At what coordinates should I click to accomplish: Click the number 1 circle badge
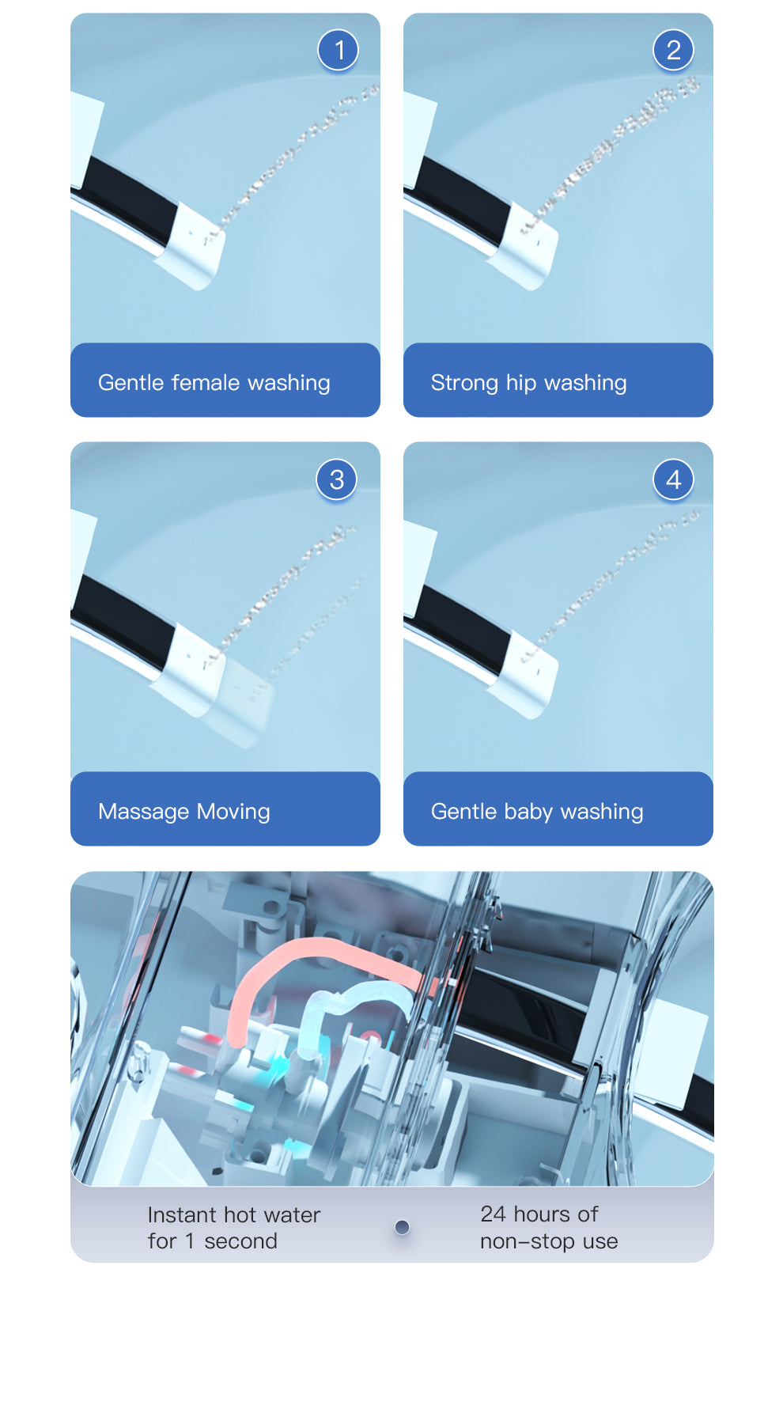pyautogui.click(x=339, y=50)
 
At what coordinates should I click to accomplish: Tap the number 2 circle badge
pyautogui.click(x=673, y=50)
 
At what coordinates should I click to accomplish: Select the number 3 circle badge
pyautogui.click(x=337, y=479)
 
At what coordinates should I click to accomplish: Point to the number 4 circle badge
pyautogui.click(x=673, y=479)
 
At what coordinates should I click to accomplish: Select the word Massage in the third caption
pyautogui.click(x=144, y=812)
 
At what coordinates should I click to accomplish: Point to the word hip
pyautogui.click(x=521, y=383)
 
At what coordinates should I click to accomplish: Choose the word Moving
pyautogui.click(x=233, y=812)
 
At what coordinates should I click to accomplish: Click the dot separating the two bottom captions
pyautogui.click(x=402, y=1227)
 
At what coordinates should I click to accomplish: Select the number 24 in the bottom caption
pyautogui.click(x=493, y=1214)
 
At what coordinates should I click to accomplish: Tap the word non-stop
pyautogui.click(x=528, y=1241)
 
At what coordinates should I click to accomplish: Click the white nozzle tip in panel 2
pyautogui.click(x=523, y=246)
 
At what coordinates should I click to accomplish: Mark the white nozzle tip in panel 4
pyautogui.click(x=523, y=674)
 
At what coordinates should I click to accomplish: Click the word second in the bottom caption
pyautogui.click(x=240, y=1241)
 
